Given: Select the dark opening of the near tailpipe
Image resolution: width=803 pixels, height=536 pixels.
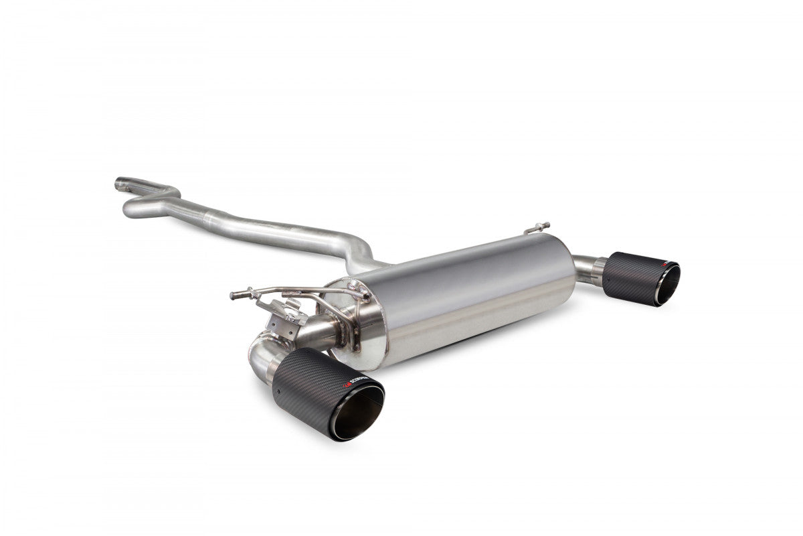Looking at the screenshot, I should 359,412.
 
